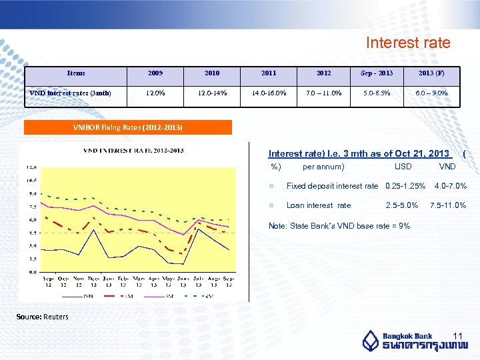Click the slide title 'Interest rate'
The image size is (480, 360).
(x=408, y=43)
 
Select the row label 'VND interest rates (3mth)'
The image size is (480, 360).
(x=70, y=93)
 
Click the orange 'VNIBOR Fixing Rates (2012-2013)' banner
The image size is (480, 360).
(x=128, y=127)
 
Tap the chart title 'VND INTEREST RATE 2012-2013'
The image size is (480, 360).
(x=133, y=151)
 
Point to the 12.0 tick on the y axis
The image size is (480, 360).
(x=32, y=167)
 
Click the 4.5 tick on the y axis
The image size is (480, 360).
(x=32, y=233)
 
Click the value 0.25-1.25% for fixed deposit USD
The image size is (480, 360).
(x=405, y=186)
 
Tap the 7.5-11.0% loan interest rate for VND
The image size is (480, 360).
(x=448, y=205)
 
